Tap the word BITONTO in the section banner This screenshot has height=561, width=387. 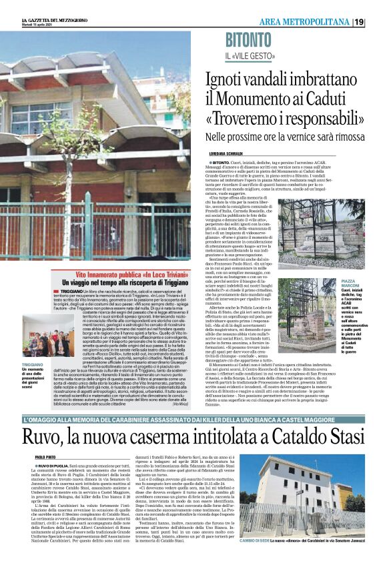click(x=249, y=39)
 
